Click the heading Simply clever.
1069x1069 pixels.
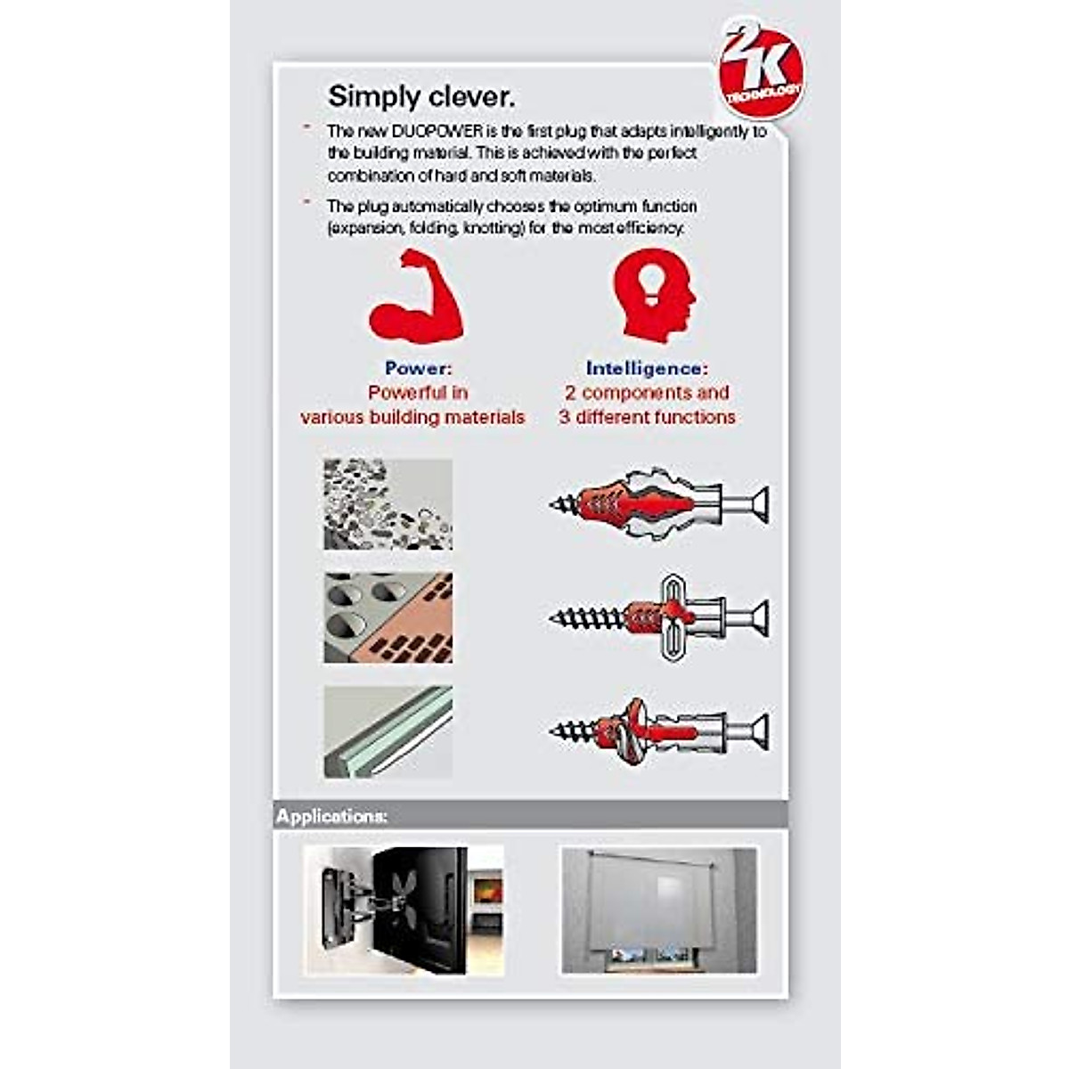(x=420, y=96)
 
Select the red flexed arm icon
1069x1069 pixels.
(x=416, y=297)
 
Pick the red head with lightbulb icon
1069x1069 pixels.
(x=653, y=294)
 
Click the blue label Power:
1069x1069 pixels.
(x=418, y=368)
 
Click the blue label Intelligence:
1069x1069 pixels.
(x=647, y=368)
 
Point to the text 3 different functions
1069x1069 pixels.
(x=647, y=417)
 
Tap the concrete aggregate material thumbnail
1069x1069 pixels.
(x=388, y=504)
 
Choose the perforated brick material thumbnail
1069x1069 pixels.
(x=388, y=617)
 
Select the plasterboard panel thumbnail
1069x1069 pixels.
(x=388, y=731)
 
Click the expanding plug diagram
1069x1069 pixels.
(x=659, y=504)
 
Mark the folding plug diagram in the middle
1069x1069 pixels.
(x=659, y=616)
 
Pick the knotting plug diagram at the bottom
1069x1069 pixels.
(x=659, y=731)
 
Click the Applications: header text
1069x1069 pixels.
(x=331, y=816)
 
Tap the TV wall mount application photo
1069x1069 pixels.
(x=403, y=910)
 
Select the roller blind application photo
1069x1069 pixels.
(x=659, y=910)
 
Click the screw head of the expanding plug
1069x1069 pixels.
(x=760, y=505)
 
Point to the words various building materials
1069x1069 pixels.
(x=412, y=417)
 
